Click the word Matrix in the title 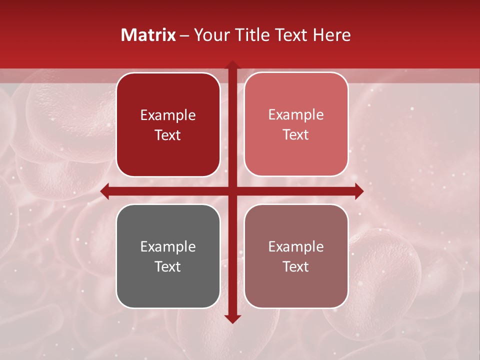pyautogui.click(x=148, y=35)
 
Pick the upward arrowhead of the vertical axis pyautogui.click(x=232, y=65)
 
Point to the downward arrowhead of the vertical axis pyautogui.click(x=232, y=318)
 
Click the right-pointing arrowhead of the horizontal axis pyautogui.click(x=358, y=191)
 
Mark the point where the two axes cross pyautogui.click(x=232, y=191)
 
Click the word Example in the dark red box pyautogui.click(x=168, y=115)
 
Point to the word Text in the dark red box pyautogui.click(x=168, y=135)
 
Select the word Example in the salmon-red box pyautogui.click(x=296, y=114)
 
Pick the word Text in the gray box pyautogui.click(x=168, y=266)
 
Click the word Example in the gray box pyautogui.click(x=168, y=246)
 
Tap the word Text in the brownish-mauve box pyautogui.click(x=296, y=266)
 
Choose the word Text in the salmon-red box pyautogui.click(x=296, y=134)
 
